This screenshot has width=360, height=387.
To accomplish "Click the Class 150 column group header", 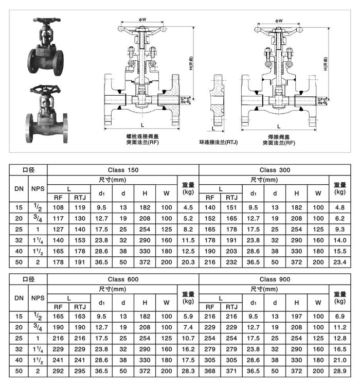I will [123, 169].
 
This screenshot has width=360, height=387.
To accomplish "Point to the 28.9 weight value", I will [339, 371].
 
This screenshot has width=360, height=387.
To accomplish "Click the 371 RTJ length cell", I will [232, 371].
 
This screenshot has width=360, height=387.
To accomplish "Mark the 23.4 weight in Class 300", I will [339, 262].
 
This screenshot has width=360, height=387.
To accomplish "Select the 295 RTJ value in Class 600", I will [80, 371].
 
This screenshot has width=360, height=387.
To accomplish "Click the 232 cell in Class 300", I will [232, 262].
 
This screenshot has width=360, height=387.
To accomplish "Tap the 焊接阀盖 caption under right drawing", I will [278, 136].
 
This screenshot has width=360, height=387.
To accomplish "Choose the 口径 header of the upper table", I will [28, 169].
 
